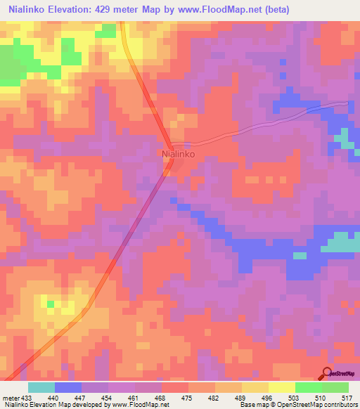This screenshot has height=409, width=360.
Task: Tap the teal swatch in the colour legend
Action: [41, 387]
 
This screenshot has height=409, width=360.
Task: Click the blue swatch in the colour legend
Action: [68, 387]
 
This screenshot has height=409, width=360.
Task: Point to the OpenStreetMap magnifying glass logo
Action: [328, 372]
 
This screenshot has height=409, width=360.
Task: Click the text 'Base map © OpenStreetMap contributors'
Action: [297, 404]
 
